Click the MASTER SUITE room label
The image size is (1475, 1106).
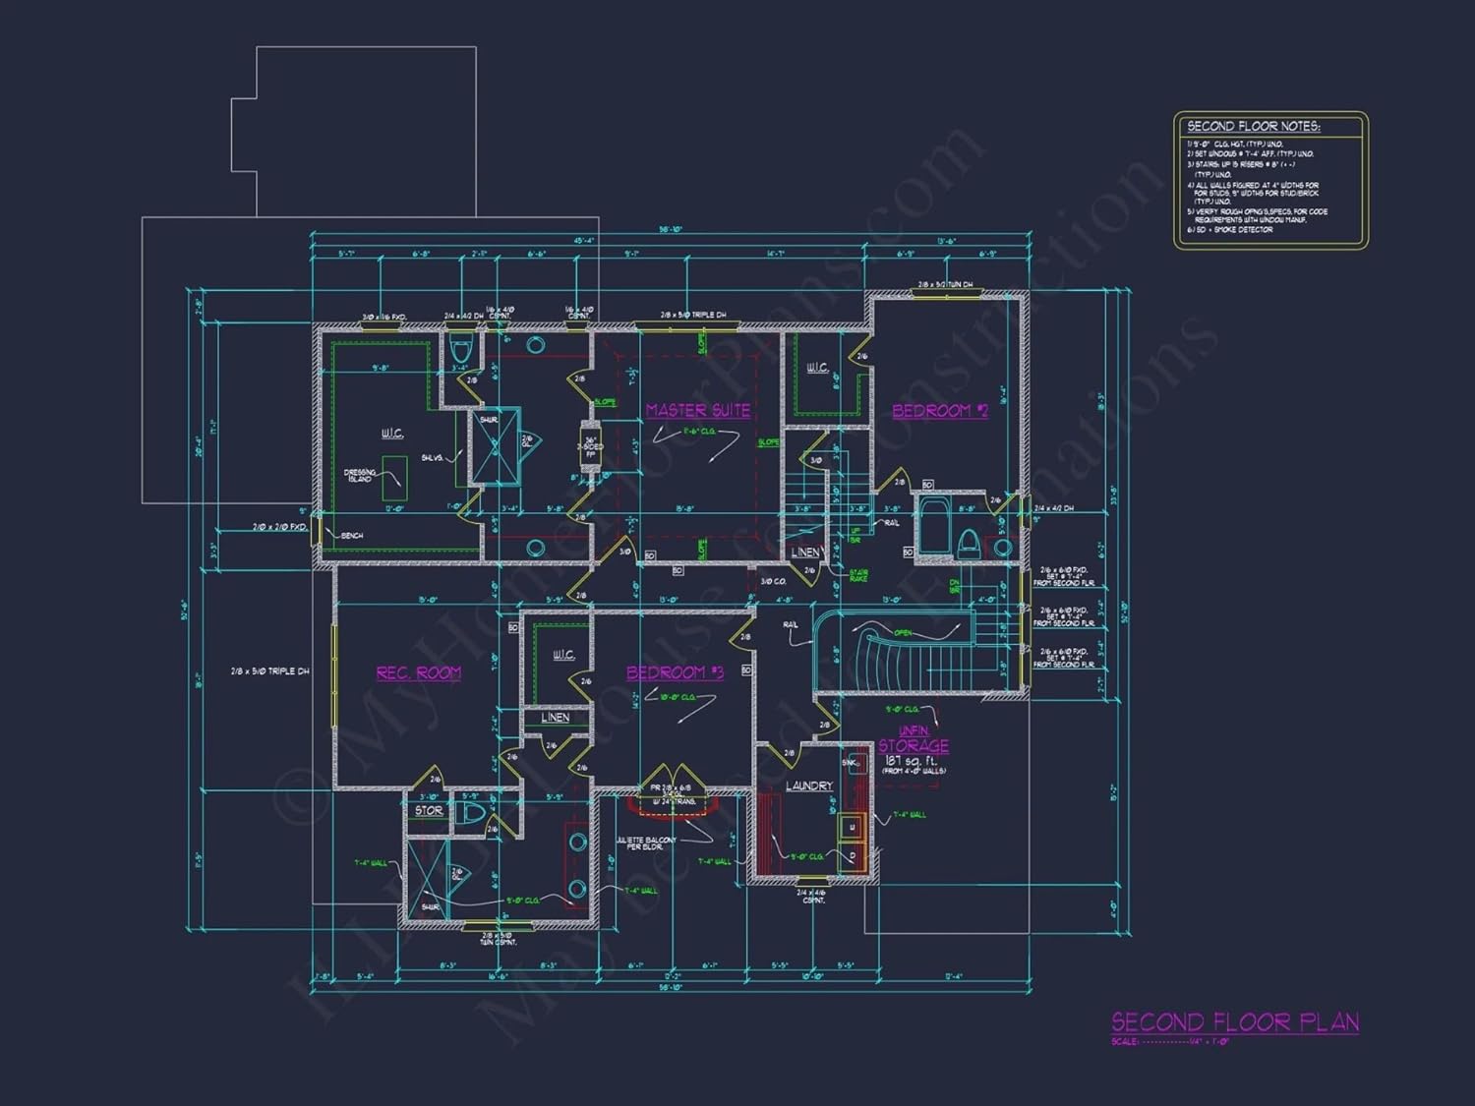(698, 411)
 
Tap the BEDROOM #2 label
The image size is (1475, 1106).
(939, 411)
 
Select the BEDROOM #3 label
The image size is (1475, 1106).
(675, 672)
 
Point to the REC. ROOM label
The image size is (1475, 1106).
(418, 673)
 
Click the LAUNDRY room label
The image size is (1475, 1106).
(808, 786)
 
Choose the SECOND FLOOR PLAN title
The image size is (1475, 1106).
(1235, 1022)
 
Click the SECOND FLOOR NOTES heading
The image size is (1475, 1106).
(1253, 127)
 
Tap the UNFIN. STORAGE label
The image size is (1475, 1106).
(914, 739)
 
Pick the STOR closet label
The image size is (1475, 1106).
(429, 811)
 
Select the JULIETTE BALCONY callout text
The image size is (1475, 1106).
(646, 844)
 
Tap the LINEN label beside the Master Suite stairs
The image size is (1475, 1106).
(805, 553)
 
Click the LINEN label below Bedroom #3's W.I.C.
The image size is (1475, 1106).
(555, 718)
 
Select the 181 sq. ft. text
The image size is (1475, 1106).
(911, 760)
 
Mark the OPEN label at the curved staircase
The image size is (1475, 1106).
(903, 633)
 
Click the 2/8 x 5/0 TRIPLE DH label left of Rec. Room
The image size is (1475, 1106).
(269, 671)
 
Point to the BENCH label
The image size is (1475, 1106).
(352, 536)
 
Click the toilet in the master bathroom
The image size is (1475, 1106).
(460, 349)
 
